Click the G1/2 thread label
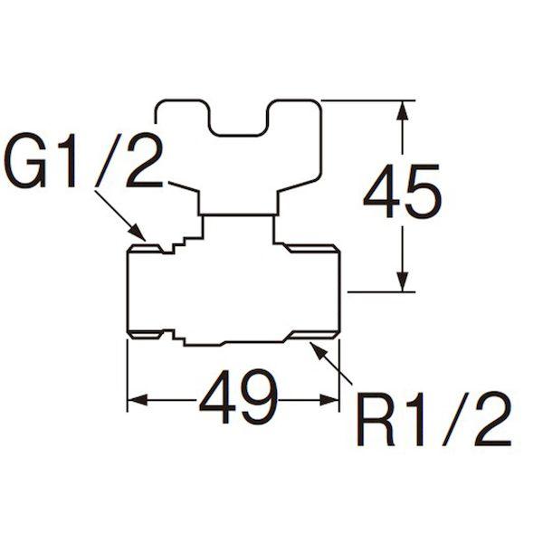pyautogui.click(x=84, y=160)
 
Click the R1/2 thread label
pyautogui.click(x=433, y=418)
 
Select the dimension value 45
pyautogui.click(x=403, y=191)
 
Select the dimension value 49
pyautogui.click(x=238, y=396)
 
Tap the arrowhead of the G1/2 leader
pyautogui.click(x=138, y=232)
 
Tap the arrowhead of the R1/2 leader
pyautogui.click(x=319, y=350)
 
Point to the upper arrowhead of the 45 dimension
pyautogui.click(x=402, y=110)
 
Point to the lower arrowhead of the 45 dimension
pyautogui.click(x=402, y=281)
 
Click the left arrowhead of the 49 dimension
pyautogui.click(x=138, y=400)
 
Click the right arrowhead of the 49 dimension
pyautogui.click(x=329, y=400)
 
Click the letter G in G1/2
pyautogui.click(x=26, y=160)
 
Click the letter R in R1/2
pyautogui.click(x=376, y=419)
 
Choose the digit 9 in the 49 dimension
pyautogui.click(x=259, y=396)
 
